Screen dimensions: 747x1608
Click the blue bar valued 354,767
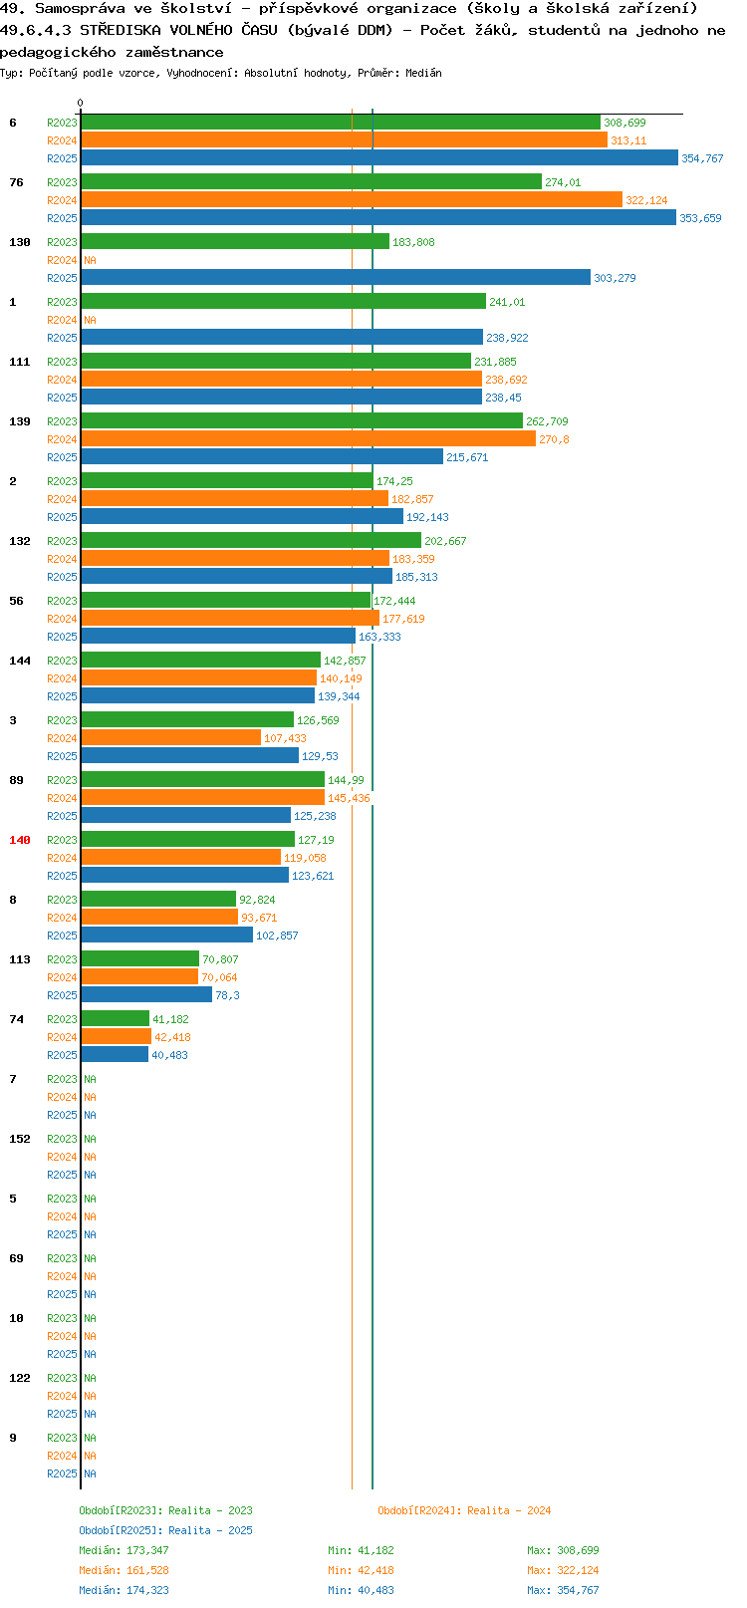379,158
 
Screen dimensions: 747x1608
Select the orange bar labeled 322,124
352,200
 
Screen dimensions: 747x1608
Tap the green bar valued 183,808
235,242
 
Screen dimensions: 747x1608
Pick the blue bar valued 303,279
336,278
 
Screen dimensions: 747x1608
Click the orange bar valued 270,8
309,439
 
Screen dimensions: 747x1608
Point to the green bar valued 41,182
116,1019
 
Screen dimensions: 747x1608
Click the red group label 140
19,840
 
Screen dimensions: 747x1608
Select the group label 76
17,182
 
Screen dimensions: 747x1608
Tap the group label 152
19,1139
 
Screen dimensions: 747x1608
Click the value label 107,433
285,738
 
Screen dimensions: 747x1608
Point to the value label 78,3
227,995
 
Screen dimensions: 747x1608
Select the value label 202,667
445,541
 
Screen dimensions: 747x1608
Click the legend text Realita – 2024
509,1511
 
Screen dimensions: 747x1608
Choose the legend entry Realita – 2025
210,1531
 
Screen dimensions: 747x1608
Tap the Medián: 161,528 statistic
124,1571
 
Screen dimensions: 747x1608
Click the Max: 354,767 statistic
564,1591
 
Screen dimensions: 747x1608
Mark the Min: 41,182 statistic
361,1550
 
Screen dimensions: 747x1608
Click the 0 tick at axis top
81,104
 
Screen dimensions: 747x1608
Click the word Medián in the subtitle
423,73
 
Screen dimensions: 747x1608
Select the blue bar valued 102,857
167,936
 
